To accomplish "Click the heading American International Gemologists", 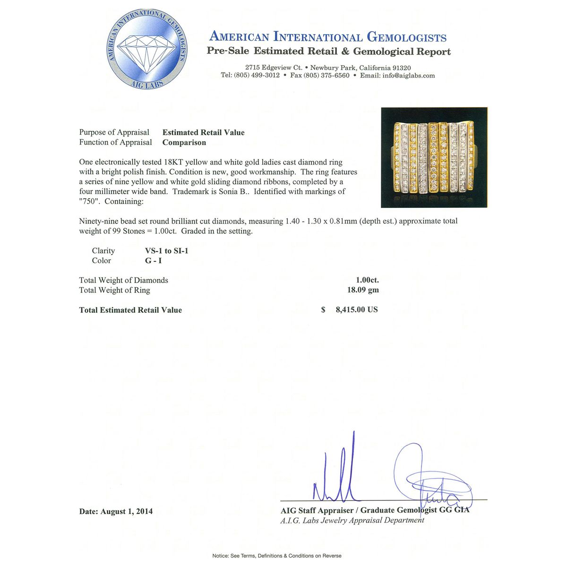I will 327,37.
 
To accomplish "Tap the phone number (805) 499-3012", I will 257,76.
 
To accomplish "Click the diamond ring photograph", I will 434,157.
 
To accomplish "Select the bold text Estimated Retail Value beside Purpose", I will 203,132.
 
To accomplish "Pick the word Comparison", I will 184,142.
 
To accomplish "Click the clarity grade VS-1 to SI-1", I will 166,251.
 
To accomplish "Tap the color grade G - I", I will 153,261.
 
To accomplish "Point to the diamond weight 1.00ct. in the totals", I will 367,280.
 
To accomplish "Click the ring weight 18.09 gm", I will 363,290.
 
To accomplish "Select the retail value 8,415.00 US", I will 356,310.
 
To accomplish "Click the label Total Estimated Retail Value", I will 130,310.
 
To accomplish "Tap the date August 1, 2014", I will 126,511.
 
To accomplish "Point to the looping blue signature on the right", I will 430,477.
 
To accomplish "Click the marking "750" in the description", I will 90,201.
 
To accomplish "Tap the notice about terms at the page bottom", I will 277,556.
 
